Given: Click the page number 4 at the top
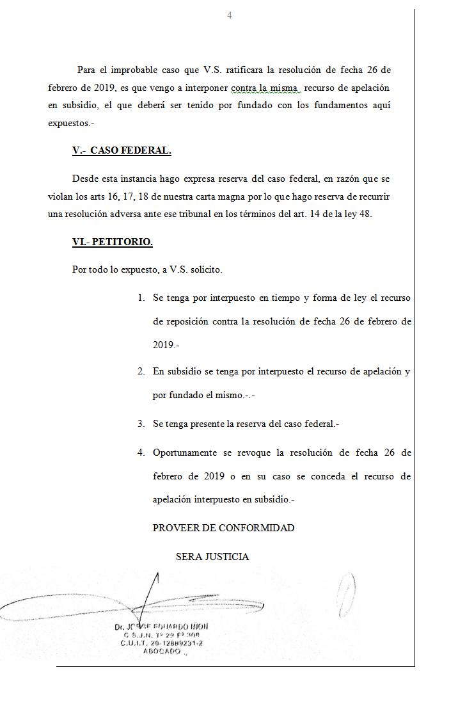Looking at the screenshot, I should [x=230, y=15].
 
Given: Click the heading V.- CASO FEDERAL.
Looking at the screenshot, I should [x=122, y=151].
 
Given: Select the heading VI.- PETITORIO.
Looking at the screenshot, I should [x=113, y=242].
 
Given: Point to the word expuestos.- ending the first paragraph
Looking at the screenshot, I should [x=70, y=123].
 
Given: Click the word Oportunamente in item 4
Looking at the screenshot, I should [x=185, y=453].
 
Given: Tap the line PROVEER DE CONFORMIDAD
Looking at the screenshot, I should [x=223, y=528].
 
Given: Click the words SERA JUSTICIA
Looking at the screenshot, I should [x=212, y=557].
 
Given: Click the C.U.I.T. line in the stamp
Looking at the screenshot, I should [x=162, y=643].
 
